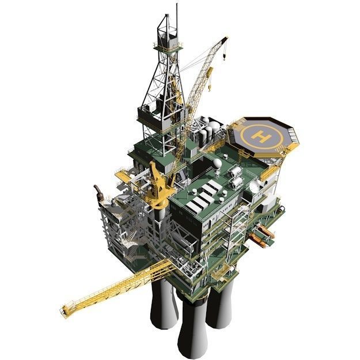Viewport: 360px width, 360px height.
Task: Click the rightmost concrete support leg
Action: [222, 308]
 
